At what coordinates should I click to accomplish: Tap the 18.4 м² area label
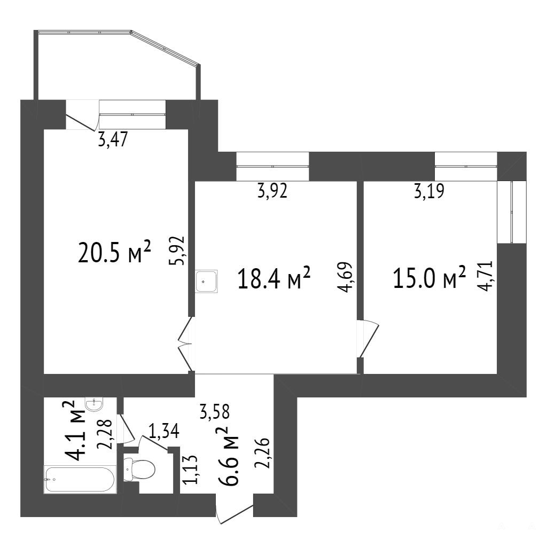click(274, 277)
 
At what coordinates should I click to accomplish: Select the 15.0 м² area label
click(429, 277)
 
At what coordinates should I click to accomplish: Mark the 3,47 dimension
click(113, 140)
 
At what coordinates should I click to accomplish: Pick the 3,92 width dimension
click(272, 191)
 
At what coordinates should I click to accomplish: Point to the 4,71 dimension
click(486, 276)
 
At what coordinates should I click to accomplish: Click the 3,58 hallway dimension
click(215, 411)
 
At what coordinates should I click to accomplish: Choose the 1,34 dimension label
click(164, 431)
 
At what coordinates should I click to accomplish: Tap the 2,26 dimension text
click(262, 452)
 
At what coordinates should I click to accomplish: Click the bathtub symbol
click(79, 480)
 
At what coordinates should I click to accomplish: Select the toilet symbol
click(139, 470)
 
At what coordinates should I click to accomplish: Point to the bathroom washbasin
click(94, 405)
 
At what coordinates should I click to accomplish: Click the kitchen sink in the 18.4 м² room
click(207, 281)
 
